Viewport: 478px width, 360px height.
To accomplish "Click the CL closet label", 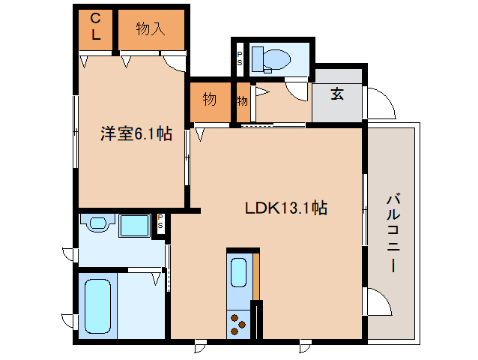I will [x=96, y=26].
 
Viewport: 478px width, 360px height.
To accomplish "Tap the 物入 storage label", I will [x=150, y=29].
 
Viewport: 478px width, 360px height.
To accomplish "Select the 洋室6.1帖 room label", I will [x=136, y=134].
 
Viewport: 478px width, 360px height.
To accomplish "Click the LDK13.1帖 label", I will [x=285, y=208].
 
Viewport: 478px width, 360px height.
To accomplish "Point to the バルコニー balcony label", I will [x=393, y=233].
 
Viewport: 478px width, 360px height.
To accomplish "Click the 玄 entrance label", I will [x=338, y=94].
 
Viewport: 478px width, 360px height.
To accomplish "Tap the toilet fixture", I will [x=271, y=58].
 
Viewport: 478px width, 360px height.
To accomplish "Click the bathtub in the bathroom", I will [x=98, y=307].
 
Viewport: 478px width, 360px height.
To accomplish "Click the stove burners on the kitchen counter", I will [x=239, y=323].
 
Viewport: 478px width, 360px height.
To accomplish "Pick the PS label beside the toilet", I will [x=240, y=58].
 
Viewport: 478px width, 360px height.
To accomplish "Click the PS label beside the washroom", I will [x=160, y=222].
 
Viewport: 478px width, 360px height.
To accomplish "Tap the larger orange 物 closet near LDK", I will [x=210, y=98].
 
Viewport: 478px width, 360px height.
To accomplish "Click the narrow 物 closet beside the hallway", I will [x=243, y=100].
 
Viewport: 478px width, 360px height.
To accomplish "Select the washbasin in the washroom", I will [x=97, y=223].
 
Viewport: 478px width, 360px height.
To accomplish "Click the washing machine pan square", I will [x=135, y=226].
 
